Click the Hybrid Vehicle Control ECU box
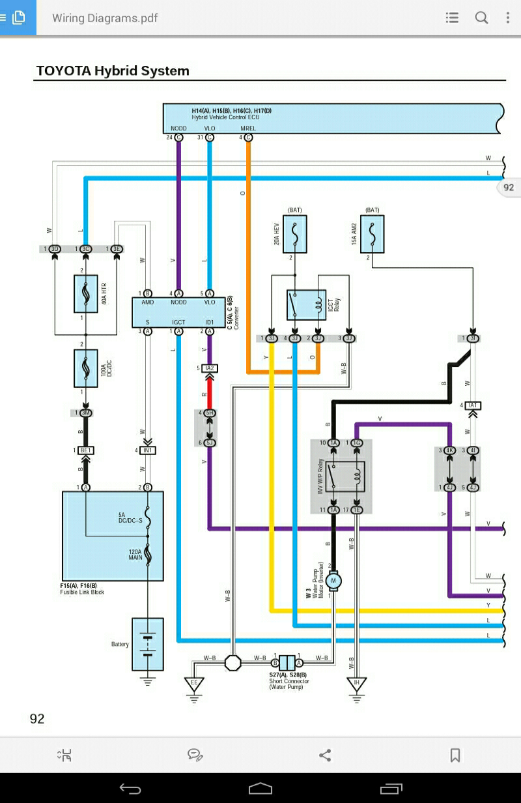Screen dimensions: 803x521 tap(332, 118)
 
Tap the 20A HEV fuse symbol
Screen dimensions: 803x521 tap(295, 235)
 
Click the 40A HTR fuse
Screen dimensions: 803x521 tap(86, 295)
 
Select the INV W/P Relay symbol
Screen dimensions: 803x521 tap(345, 476)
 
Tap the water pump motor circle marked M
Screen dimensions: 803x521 tap(334, 579)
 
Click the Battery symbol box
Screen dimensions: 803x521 tap(148, 644)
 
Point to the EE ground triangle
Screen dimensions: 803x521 tap(193, 684)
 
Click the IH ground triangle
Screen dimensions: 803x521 tap(356, 684)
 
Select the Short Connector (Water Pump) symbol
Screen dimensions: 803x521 tap(287, 662)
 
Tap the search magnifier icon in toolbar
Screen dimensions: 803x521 tap(481, 18)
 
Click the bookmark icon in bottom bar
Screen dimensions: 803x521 tap(455, 755)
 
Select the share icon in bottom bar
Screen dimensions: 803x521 tap(325, 755)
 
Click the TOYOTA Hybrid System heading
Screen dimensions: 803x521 tap(113, 70)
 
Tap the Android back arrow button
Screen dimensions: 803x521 tap(130, 789)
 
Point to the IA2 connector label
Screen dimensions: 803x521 tap(210, 368)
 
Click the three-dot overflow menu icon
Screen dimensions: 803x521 tap(507, 18)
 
